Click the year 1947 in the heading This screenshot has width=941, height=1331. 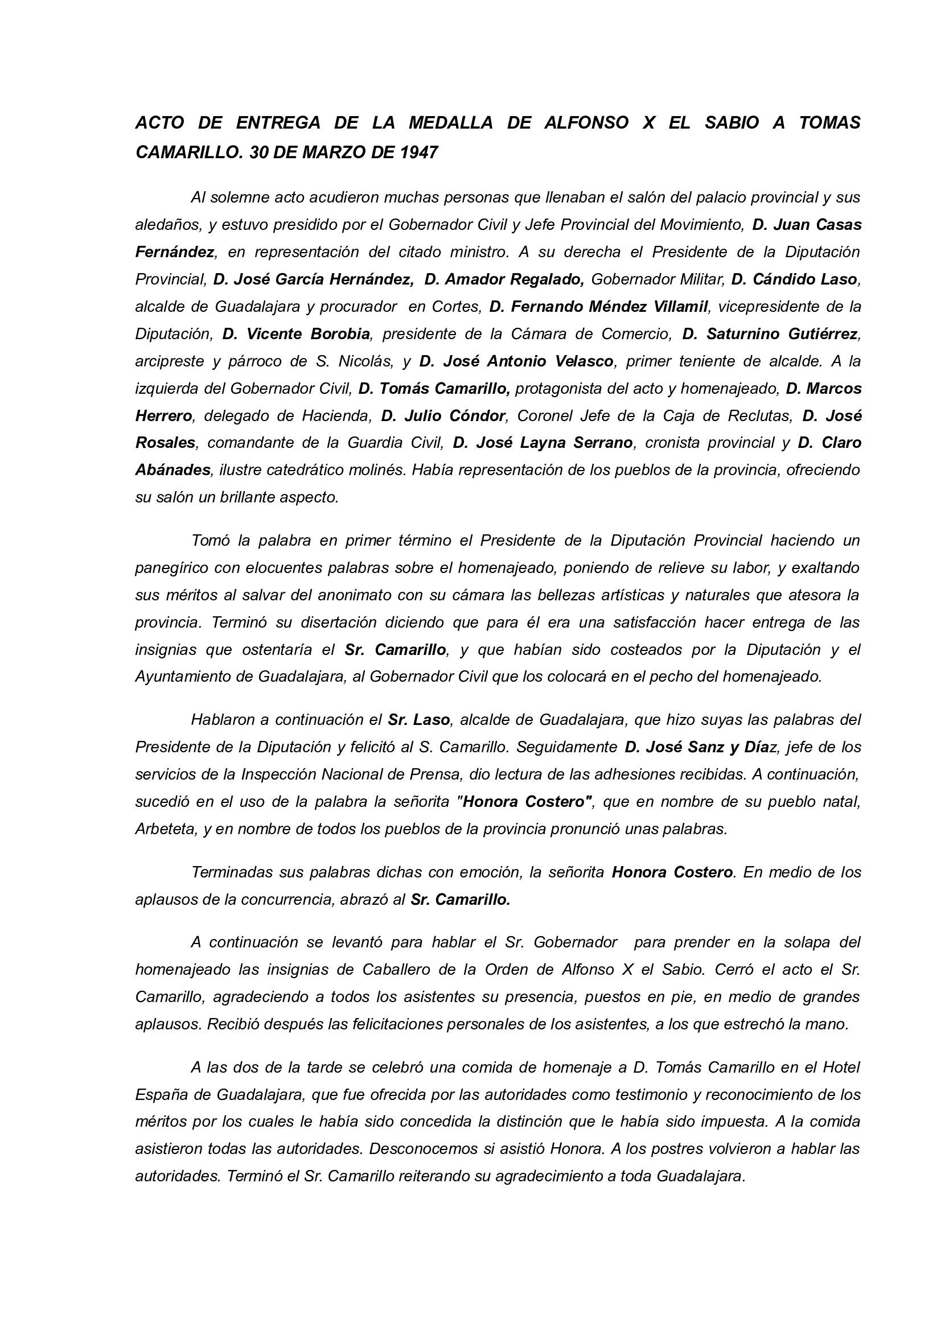419,153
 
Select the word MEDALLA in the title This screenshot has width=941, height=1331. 450,122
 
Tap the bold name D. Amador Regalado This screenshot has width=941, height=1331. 504,279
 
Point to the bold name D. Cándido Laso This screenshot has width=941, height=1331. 794,279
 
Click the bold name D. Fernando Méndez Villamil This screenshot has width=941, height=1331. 599,307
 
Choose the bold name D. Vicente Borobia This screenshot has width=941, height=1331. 296,334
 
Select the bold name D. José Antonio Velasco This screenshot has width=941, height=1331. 516,361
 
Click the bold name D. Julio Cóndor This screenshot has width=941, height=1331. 443,415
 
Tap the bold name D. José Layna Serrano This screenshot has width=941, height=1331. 543,443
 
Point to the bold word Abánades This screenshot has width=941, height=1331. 173,470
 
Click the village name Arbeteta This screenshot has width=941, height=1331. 164,829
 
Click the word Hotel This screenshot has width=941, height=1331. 841,1067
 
